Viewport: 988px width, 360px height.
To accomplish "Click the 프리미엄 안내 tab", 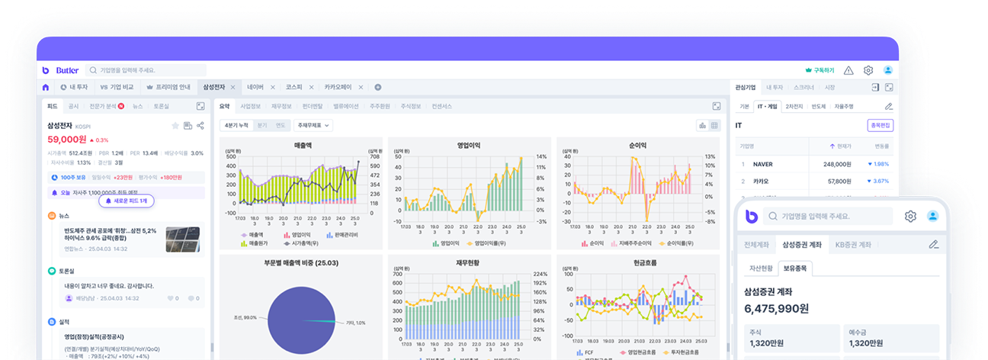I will click(x=168, y=87).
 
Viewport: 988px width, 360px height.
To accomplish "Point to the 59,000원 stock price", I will click(x=67, y=140).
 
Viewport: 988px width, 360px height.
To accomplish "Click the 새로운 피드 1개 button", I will click(x=127, y=201).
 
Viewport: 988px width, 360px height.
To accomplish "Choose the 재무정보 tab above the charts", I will click(x=283, y=106).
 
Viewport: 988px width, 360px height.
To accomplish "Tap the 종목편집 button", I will click(x=880, y=125).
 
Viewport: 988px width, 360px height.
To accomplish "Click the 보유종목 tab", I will click(x=795, y=268).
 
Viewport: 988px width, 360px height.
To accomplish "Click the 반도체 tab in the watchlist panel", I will click(x=819, y=107).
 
